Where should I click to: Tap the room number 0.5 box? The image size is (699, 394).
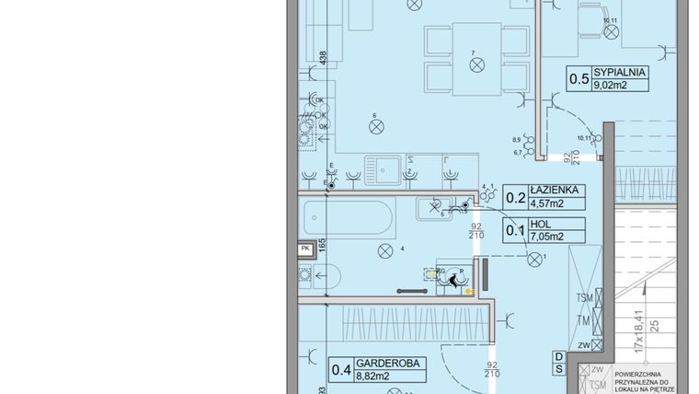pos(579,78)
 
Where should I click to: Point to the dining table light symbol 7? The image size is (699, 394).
pos(476,65)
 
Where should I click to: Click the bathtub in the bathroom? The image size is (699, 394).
pos(348,218)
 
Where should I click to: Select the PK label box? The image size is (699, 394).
pos(305,249)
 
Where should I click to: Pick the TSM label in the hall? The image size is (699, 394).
pos(585,298)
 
